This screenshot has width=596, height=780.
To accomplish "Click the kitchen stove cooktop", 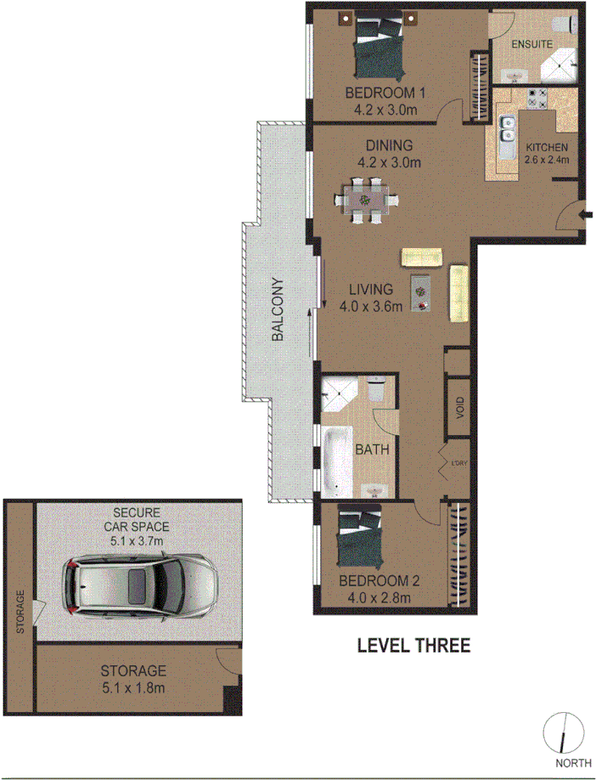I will coord(537,98).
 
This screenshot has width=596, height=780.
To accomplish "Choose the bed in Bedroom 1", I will coord(375,47).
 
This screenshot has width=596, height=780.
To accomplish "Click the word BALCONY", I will coord(278,310).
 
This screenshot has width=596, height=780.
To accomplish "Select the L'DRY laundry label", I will coord(459,462).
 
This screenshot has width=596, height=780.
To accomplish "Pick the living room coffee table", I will coord(421,294).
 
